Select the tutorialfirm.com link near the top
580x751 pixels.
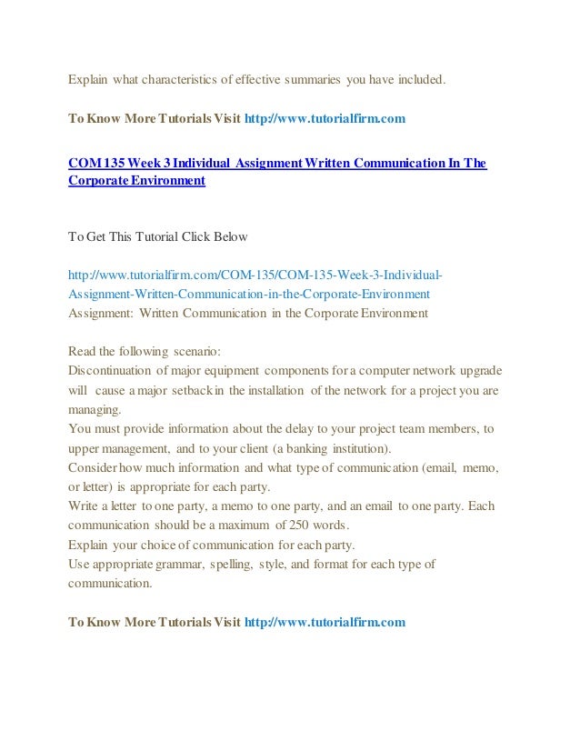[323, 118]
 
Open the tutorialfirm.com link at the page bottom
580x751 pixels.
[323, 622]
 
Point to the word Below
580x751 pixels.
[230, 236]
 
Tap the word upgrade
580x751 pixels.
[478, 370]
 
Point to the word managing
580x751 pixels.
[87, 409]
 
